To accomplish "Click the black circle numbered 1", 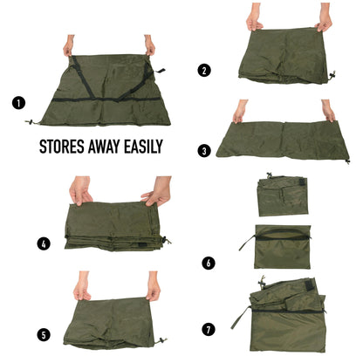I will click(18, 102).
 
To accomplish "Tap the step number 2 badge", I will click(204, 70).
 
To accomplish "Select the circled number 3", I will click(204, 150).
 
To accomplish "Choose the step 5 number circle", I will click(43, 332).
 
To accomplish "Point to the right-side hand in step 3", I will click(328, 110).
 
